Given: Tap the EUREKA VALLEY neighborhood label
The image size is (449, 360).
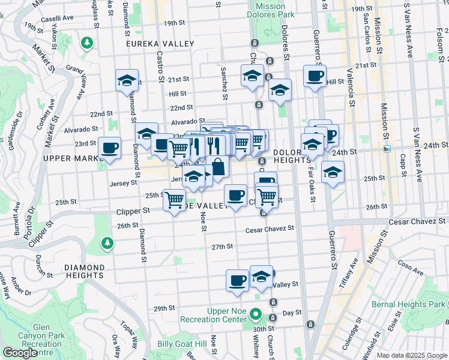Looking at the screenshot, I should [160, 44].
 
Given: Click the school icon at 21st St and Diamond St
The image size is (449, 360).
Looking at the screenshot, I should [127, 80].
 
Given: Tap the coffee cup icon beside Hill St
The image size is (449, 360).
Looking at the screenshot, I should [315, 76].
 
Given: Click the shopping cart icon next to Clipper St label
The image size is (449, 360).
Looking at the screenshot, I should [174, 199].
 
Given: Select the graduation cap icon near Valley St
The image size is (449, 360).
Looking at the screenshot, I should [261, 277].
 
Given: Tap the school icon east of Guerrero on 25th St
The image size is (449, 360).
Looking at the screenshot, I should [333, 172].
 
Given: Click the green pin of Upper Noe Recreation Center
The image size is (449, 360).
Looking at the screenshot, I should [256, 314].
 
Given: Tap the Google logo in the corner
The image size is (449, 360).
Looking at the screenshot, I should [20, 353].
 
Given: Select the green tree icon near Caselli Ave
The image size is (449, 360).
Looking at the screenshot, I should [88, 43].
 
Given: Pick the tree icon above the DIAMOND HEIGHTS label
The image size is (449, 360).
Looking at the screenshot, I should [107, 242].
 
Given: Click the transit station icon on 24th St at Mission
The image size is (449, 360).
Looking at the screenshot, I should [387, 148].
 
